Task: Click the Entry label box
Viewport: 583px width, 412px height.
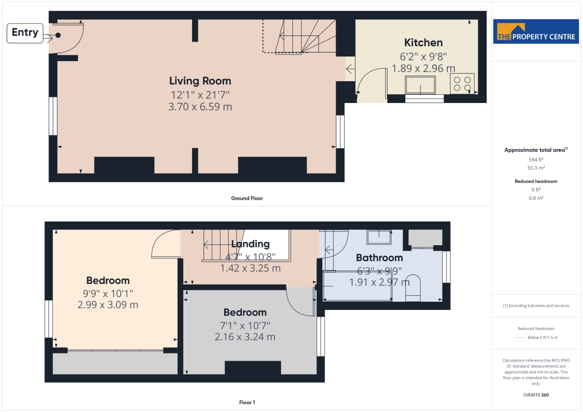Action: point(25,33)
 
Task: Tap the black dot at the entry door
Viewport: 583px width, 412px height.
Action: point(58,35)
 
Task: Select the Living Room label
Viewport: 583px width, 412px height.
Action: point(200,81)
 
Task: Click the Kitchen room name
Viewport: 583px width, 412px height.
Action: point(423,43)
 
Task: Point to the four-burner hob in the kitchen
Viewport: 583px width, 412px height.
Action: point(462,83)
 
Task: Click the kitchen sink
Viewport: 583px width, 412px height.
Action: point(420,85)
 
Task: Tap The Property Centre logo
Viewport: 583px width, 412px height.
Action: point(536,31)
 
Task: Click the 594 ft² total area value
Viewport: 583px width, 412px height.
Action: point(536,160)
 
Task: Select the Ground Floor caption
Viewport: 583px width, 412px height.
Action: point(247,198)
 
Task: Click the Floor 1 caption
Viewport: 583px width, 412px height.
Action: point(247,403)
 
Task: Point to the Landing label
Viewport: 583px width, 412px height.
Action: point(250,244)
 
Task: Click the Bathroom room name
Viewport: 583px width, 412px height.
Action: point(379,258)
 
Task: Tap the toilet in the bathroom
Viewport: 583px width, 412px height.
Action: point(413,288)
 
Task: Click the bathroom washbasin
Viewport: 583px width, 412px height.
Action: point(379,237)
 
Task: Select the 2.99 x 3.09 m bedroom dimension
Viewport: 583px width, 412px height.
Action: point(108,305)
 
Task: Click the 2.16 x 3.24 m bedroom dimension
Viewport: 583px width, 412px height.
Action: point(245,337)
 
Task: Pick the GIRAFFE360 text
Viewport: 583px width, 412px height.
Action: point(536,395)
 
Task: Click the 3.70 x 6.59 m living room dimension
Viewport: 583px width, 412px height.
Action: point(200,107)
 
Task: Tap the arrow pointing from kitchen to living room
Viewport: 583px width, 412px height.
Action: point(350,69)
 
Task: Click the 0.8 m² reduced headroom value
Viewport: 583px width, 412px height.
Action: point(536,198)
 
